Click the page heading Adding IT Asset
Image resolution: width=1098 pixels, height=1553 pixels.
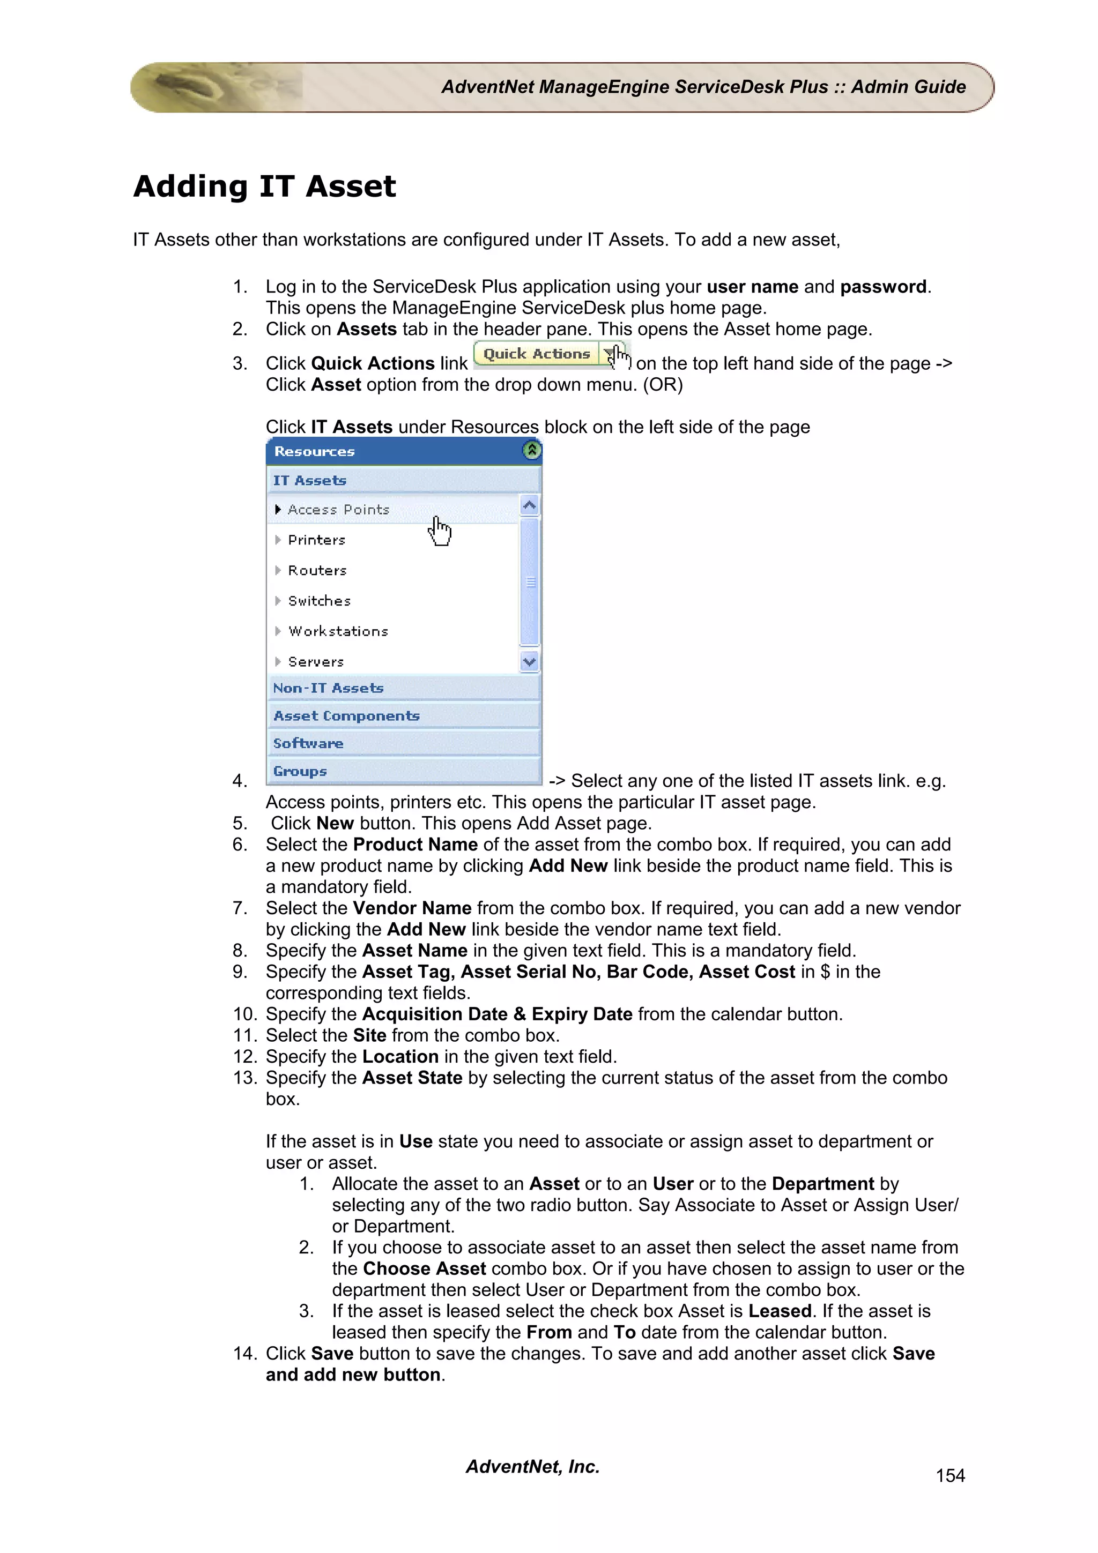pos(264,186)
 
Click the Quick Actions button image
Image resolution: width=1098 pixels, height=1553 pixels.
pos(537,354)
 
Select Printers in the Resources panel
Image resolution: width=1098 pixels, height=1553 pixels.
pos(317,540)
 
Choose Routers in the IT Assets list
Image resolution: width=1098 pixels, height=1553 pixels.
pos(317,570)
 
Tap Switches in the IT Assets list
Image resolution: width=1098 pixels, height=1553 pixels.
pos(320,601)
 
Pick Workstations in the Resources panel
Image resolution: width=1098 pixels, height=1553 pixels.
pos(338,631)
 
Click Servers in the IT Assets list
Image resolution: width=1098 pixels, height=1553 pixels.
pos(316,661)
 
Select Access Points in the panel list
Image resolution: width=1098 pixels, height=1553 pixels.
pos(338,509)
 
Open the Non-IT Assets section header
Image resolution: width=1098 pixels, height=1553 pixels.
pos(328,688)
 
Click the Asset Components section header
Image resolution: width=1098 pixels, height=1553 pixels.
pos(346,715)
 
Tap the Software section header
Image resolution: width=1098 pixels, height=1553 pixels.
pos(308,743)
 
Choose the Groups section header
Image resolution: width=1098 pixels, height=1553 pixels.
pos(300,771)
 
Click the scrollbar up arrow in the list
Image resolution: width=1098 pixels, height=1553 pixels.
pos(530,505)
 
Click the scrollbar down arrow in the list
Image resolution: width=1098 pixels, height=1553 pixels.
pos(530,661)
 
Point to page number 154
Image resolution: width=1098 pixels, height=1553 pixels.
pos(950,1475)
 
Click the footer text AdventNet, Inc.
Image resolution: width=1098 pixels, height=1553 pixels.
pos(532,1466)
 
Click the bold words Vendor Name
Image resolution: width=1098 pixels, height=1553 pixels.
pos(412,908)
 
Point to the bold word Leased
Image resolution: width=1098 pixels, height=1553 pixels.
pos(780,1311)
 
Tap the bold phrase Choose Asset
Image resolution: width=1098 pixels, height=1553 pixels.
pos(424,1268)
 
